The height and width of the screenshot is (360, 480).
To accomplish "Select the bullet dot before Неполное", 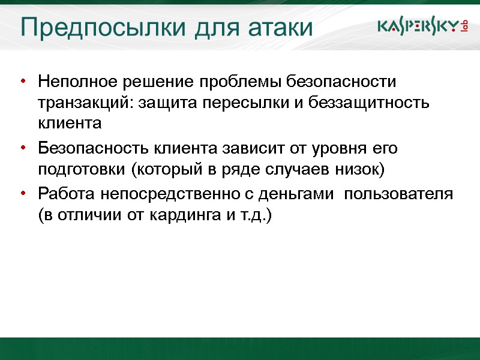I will (22, 81).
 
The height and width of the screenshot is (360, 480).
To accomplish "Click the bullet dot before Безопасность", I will (22, 148).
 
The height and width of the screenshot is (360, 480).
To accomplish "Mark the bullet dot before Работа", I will (22, 193).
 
